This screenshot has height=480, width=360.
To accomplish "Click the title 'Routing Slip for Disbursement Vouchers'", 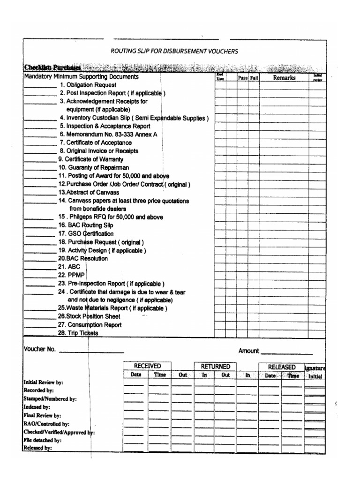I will pyautogui.click(x=174, y=51).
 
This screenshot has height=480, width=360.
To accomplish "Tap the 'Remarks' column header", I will pyautogui.click(x=284, y=78).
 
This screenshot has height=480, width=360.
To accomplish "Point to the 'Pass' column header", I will pyautogui.click(x=242, y=78).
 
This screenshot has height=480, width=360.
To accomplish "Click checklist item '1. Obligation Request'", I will pyautogui.click(x=88, y=85).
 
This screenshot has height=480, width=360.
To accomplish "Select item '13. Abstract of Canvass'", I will pyautogui.click(x=89, y=192).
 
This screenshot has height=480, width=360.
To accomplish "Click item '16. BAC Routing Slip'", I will pyautogui.click(x=86, y=225).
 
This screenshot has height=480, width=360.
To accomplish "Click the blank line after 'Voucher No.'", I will pyautogui.click(x=91, y=352).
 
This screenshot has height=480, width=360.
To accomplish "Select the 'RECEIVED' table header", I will pyautogui.click(x=147, y=366).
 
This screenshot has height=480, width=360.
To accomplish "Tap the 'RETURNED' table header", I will pyautogui.click(x=215, y=366).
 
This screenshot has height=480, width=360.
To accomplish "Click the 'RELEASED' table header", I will pyautogui.click(x=281, y=367).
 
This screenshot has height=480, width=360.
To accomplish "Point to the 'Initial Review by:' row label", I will pyautogui.click(x=43, y=382).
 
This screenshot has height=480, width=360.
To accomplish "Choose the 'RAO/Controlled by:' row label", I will pyautogui.click(x=46, y=424).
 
